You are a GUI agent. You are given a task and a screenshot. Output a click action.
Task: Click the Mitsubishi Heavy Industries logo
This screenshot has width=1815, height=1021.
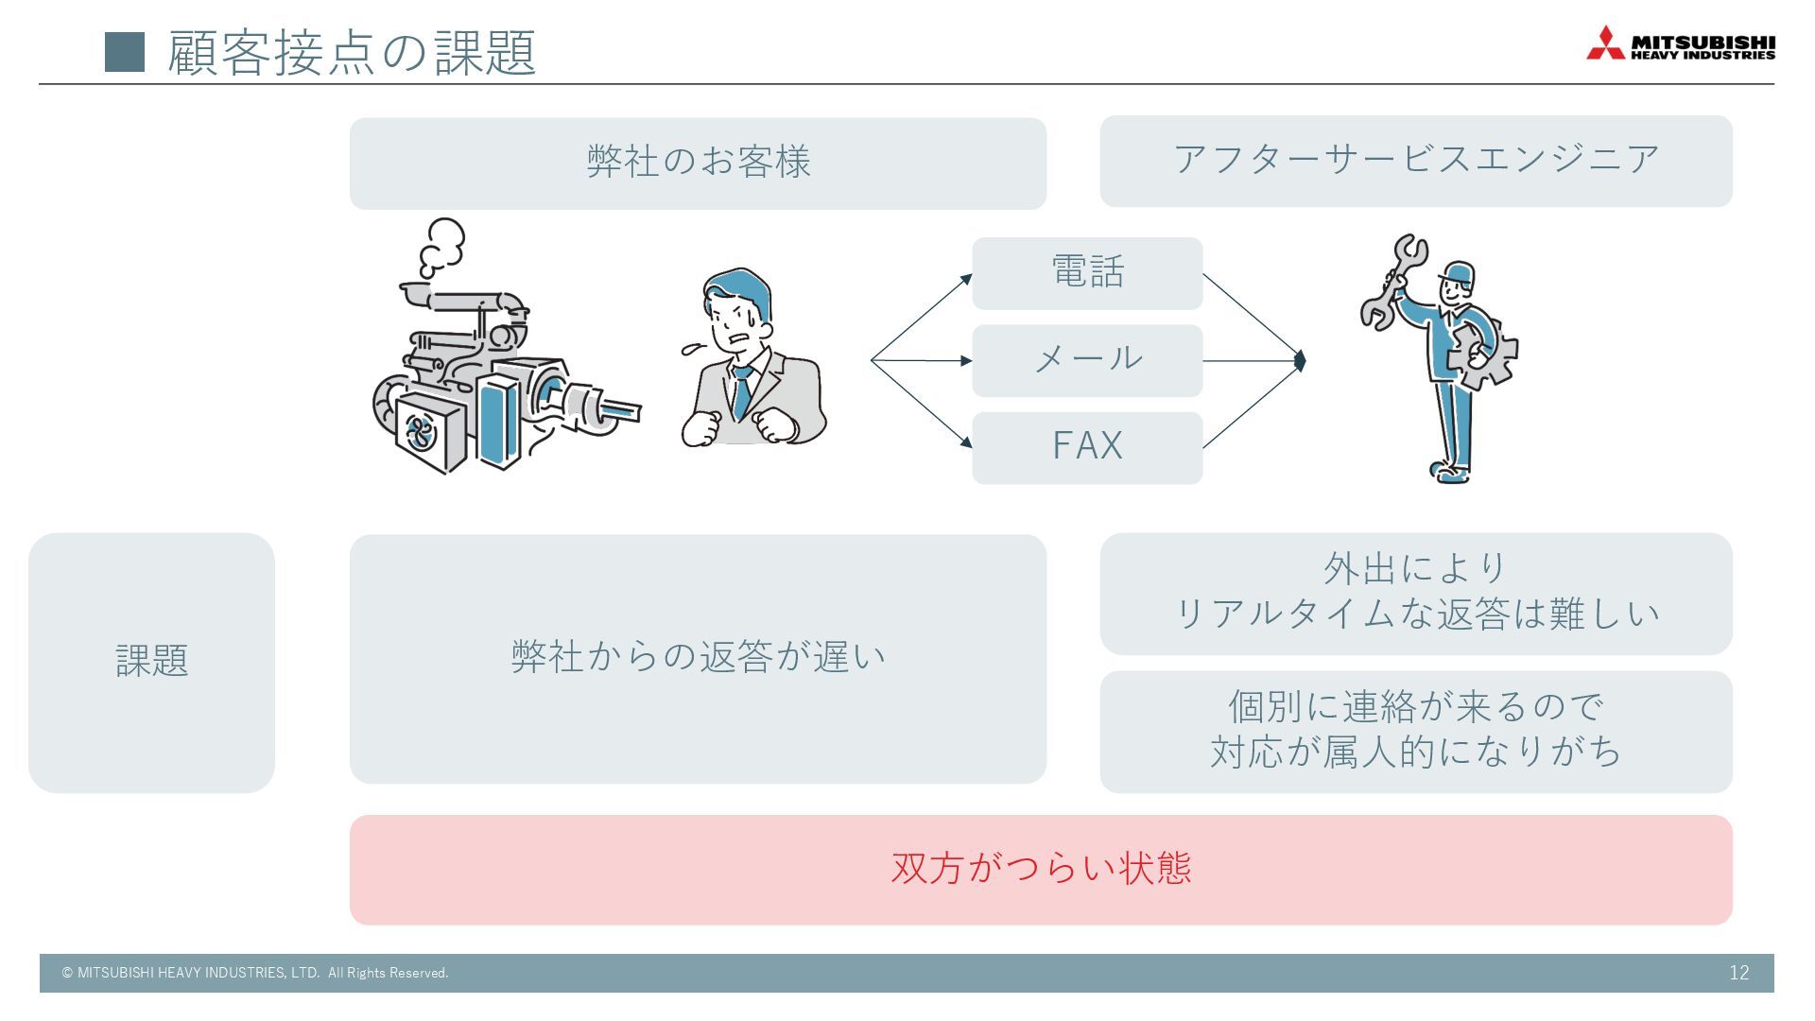pyautogui.click(x=1680, y=43)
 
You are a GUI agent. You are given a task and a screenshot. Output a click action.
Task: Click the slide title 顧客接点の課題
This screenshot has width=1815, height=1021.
pyautogui.click(x=352, y=52)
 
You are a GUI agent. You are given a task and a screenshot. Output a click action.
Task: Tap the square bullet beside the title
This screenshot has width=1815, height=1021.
pyautogui.click(x=125, y=52)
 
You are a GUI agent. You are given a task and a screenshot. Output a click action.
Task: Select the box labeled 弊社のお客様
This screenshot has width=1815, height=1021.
pyautogui.click(x=698, y=163)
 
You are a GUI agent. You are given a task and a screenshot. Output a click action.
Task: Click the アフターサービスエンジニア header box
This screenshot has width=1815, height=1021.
pyautogui.click(x=1415, y=161)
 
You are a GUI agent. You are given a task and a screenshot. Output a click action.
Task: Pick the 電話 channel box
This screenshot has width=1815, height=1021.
pyautogui.click(x=1087, y=273)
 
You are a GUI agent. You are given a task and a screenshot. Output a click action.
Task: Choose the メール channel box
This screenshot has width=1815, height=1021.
pyautogui.click(x=1087, y=360)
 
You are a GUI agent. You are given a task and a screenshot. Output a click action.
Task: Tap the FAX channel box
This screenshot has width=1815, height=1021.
pyautogui.click(x=1087, y=447)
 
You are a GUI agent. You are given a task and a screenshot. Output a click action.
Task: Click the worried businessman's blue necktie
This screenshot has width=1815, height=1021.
pyautogui.click(x=742, y=392)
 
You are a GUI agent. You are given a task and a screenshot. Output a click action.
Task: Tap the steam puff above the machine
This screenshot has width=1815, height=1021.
pyautogui.click(x=442, y=245)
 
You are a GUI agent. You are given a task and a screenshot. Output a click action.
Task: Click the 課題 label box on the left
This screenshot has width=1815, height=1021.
pyautogui.click(x=151, y=662)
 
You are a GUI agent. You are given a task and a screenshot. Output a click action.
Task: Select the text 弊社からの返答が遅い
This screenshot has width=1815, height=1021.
pyautogui.click(x=698, y=657)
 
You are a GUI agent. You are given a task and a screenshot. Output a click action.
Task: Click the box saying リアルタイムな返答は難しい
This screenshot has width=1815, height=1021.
pyautogui.click(x=1415, y=594)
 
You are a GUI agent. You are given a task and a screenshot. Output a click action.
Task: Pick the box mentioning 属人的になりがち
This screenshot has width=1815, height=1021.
pyautogui.click(x=1415, y=732)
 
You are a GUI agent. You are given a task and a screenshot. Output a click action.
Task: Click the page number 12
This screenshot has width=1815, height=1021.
pyautogui.click(x=1738, y=973)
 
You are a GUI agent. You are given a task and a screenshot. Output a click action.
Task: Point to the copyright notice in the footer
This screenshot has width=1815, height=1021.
pyautogui.click(x=255, y=973)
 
